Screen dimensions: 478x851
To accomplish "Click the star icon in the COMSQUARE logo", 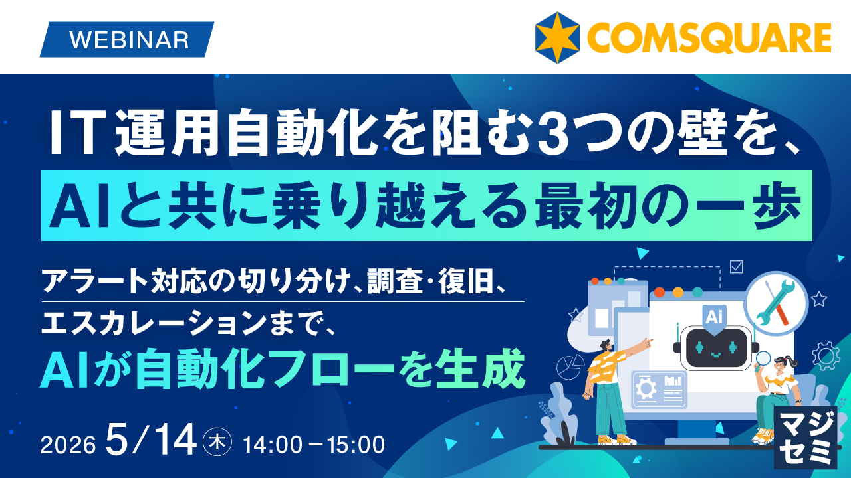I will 558,37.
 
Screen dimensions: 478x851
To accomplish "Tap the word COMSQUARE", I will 708,38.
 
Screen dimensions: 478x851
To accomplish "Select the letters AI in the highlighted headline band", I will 77,205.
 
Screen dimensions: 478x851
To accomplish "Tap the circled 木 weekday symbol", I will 219,443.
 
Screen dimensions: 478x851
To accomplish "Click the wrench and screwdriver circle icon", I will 776,300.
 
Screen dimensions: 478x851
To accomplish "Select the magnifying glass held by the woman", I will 763,358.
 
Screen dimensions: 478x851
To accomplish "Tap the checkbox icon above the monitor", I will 736,266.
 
